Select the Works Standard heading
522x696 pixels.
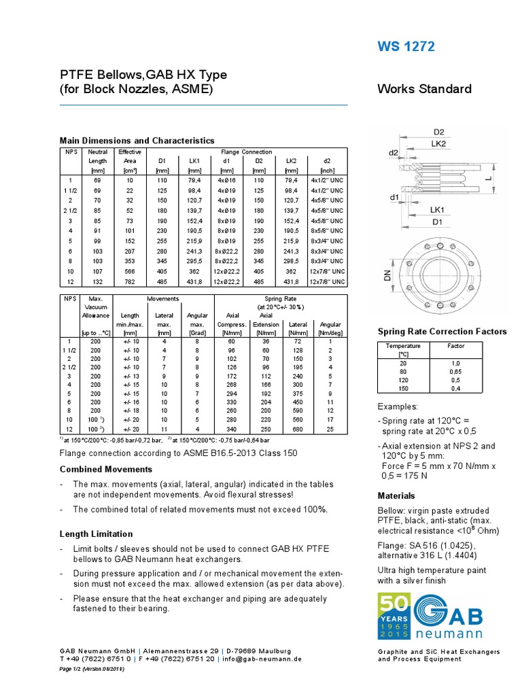424,89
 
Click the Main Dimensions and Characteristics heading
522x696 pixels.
137,140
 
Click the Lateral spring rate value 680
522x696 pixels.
297,428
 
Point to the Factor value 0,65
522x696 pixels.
455,372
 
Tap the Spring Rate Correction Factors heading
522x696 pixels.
442,332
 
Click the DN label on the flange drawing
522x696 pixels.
387,276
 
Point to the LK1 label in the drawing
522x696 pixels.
438,209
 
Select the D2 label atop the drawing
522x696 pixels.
439,131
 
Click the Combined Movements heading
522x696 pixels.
106,469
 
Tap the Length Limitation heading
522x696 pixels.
97,534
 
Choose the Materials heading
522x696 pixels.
397,495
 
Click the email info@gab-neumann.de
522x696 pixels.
262,659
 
